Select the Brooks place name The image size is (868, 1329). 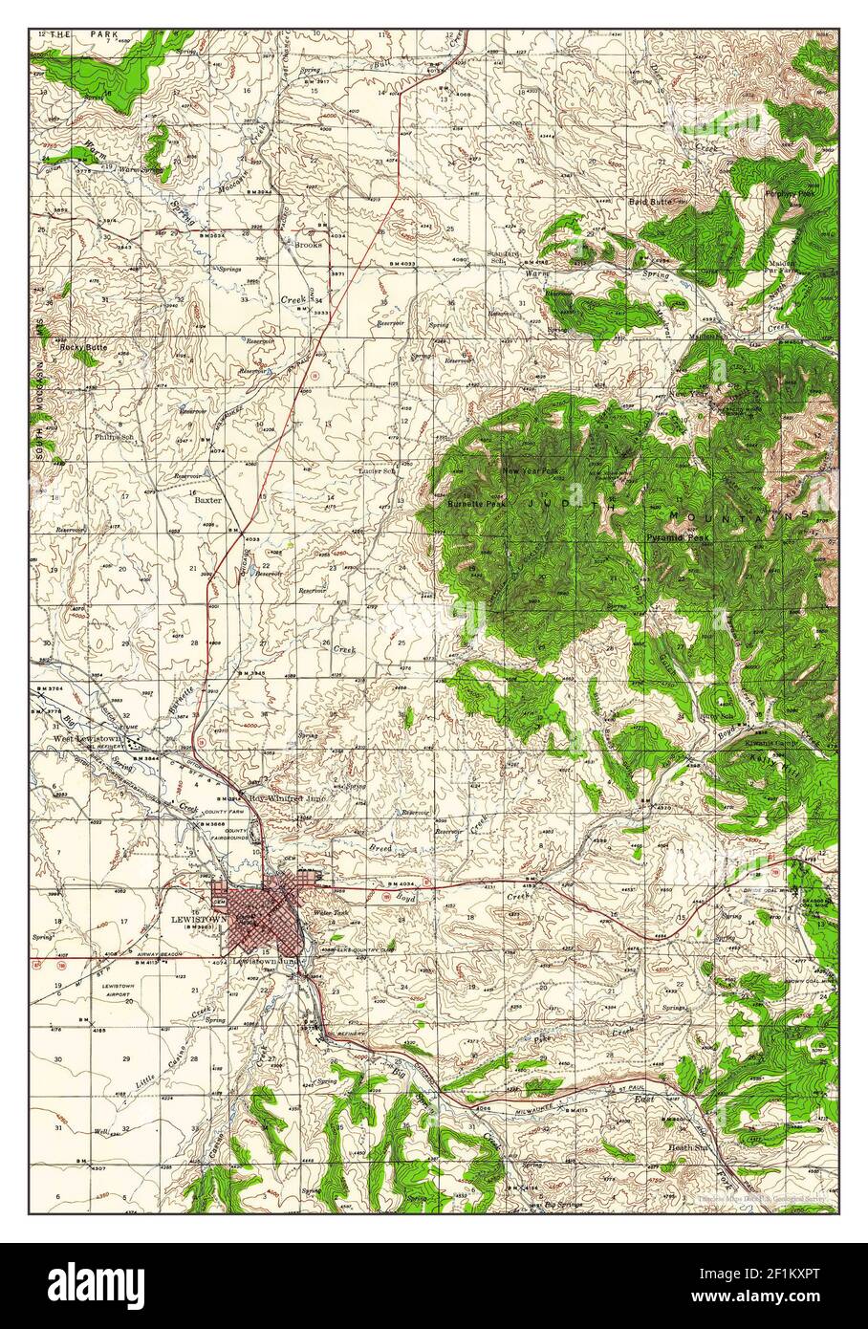pos(308,245)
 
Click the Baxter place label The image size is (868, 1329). pos(208,499)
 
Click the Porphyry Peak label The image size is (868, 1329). pos(789,192)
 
